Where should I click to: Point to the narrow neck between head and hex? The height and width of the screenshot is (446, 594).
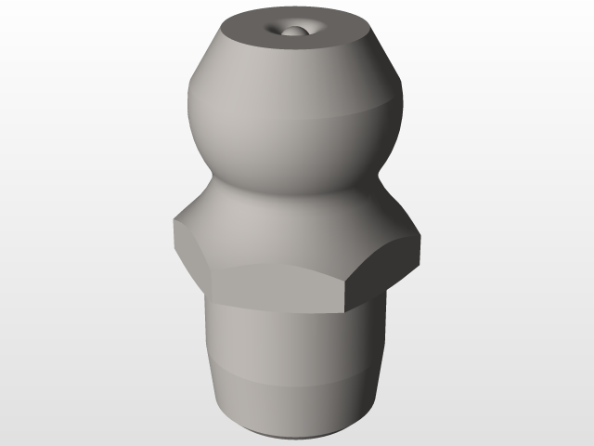[278, 186]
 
